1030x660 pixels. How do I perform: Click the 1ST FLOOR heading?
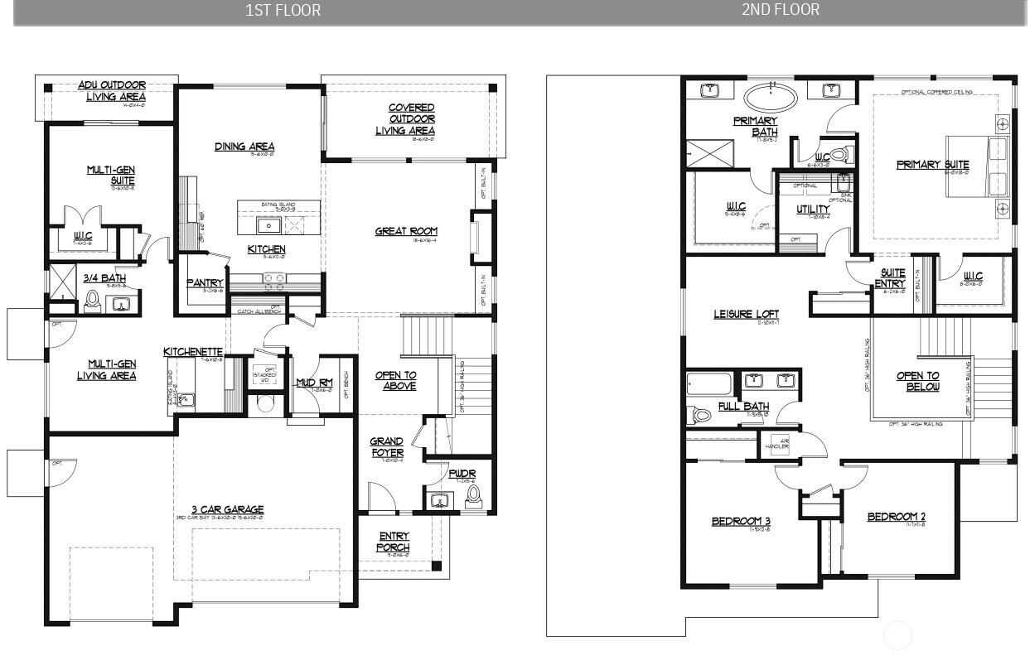click(x=283, y=11)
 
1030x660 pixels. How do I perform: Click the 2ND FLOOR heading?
click(x=780, y=10)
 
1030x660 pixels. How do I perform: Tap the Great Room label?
click(x=405, y=232)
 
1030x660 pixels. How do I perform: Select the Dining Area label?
click(x=244, y=147)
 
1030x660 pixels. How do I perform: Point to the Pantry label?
click(x=205, y=283)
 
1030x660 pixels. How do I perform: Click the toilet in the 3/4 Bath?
click(x=92, y=300)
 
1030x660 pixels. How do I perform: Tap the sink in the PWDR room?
click(x=440, y=500)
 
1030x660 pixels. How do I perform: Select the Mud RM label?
click(x=314, y=383)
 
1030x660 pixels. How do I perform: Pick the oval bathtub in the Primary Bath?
click(x=771, y=98)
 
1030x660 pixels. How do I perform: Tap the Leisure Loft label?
click(x=746, y=315)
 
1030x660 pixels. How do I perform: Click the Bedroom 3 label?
click(x=741, y=521)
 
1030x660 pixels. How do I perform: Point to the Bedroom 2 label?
click(x=896, y=518)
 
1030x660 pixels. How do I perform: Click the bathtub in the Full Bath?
click(x=709, y=384)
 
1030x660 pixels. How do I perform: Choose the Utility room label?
click(x=812, y=210)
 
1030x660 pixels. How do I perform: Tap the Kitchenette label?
click(x=193, y=353)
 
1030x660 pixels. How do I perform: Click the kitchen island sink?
click(x=268, y=224)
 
